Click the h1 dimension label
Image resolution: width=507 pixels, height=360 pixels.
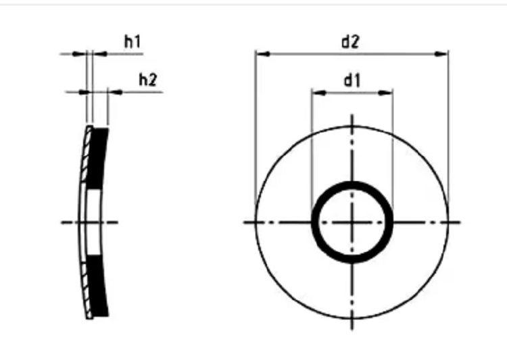(132, 43)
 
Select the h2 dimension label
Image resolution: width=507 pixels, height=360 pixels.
(148, 80)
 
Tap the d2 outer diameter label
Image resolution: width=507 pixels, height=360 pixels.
(349, 43)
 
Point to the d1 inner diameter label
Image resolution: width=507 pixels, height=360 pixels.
(352, 81)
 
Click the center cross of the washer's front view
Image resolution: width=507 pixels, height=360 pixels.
(352, 222)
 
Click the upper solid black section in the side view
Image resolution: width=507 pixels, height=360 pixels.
(99, 159)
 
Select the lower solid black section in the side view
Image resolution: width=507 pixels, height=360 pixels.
(99, 287)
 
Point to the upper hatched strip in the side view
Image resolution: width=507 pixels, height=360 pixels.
(84, 162)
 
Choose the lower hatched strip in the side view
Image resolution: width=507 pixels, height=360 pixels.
(84, 284)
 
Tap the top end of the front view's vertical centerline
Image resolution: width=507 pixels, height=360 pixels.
(352, 116)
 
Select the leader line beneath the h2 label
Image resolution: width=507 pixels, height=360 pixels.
(139, 91)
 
